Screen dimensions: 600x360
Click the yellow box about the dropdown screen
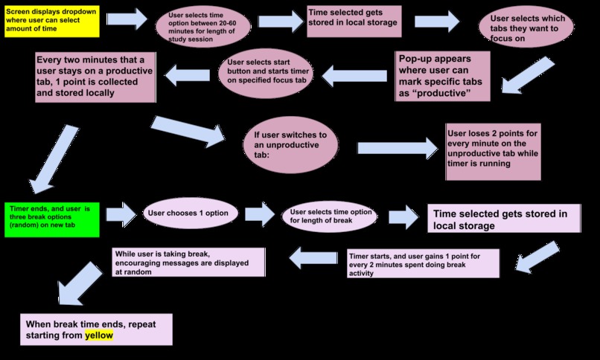tap(52, 22)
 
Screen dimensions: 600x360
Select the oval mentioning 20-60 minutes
tap(203, 27)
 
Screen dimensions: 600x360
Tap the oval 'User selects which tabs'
tap(526, 27)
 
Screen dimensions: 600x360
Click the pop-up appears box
tap(443, 77)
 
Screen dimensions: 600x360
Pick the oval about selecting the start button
tap(266, 73)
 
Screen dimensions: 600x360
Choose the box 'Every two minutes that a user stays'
tap(96, 77)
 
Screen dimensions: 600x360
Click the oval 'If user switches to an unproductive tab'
tap(291, 145)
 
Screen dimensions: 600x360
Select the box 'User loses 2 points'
tap(494, 152)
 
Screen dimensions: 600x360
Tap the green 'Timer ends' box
tap(52, 219)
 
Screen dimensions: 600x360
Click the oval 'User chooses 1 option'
tap(190, 213)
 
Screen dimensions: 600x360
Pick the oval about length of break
tap(330, 216)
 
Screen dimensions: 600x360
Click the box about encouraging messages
tap(188, 262)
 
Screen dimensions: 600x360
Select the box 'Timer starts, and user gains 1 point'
tap(424, 263)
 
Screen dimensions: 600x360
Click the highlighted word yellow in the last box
tap(99, 335)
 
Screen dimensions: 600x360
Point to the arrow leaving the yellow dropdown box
tap(127, 19)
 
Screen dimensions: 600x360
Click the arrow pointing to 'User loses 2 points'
tap(398, 148)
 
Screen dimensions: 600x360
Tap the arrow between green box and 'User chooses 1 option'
tap(121, 214)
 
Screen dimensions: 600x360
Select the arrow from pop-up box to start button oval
tap(354, 76)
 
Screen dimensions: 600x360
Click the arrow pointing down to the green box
tap(54, 159)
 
